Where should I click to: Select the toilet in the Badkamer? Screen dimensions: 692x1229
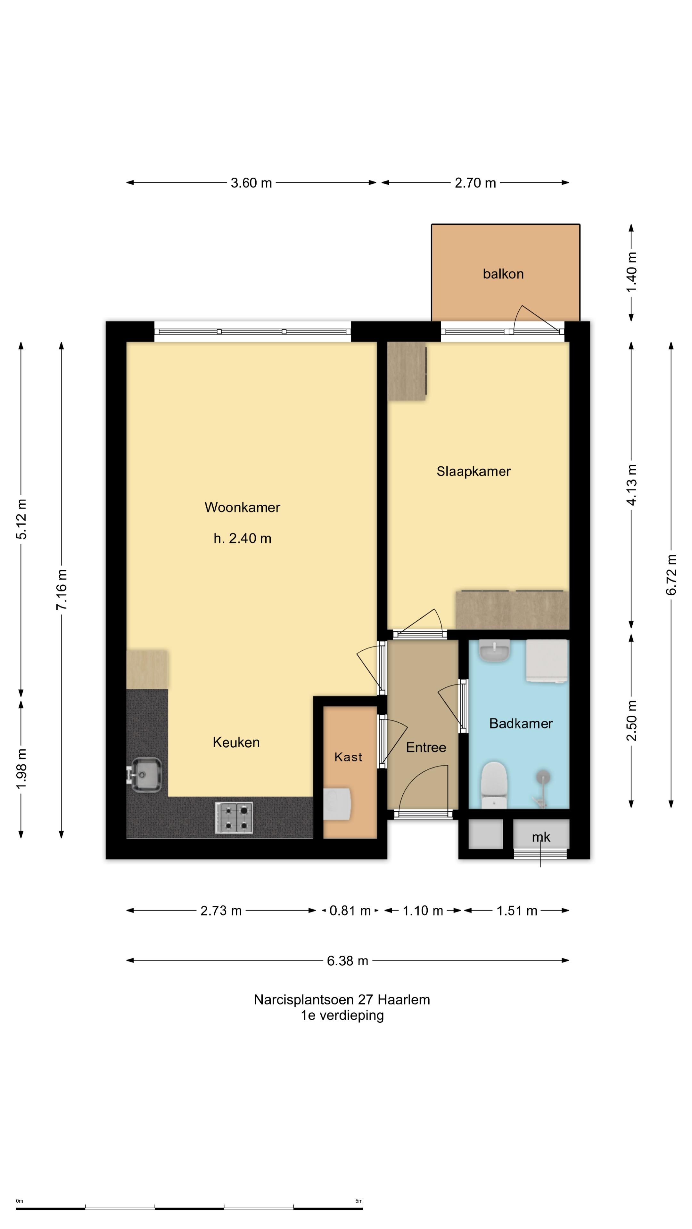pyautogui.click(x=493, y=785)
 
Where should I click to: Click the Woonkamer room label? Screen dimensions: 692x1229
pyautogui.click(x=242, y=507)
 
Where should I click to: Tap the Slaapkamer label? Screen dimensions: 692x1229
pyautogui.click(x=473, y=471)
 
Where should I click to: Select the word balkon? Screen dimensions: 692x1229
pyautogui.click(x=503, y=274)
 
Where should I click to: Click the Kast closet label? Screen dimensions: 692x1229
pyautogui.click(x=348, y=757)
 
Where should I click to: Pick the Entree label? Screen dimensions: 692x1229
pyautogui.click(x=426, y=747)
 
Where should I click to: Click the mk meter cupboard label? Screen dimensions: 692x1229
pyautogui.click(x=541, y=837)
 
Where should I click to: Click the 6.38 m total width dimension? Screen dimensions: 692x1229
pyautogui.click(x=348, y=960)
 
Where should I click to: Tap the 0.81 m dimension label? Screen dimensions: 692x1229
pyautogui.click(x=350, y=911)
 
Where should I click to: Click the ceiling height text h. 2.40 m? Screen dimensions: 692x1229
pyautogui.click(x=242, y=539)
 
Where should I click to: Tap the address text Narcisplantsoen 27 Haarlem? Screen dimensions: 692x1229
pyautogui.click(x=342, y=1000)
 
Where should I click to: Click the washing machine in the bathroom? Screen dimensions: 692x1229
pyautogui.click(x=547, y=662)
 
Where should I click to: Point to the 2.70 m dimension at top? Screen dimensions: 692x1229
pyautogui.click(x=475, y=183)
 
